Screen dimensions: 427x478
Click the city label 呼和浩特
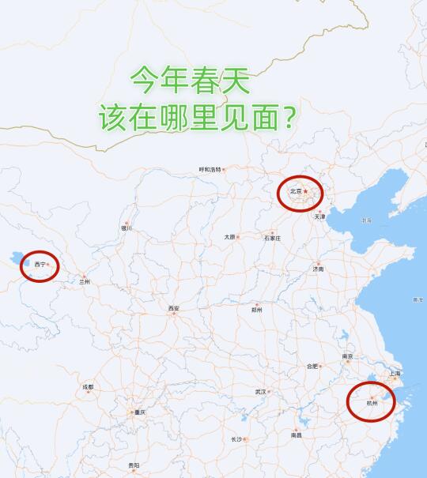pos(210,169)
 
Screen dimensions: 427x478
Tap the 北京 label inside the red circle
pos(296,191)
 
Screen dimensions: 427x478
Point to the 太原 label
pos(229,236)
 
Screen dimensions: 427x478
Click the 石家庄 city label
pos(272,237)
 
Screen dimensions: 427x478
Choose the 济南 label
pos(318,269)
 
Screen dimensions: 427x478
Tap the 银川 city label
pos(126,228)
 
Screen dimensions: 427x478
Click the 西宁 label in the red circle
pos(39,265)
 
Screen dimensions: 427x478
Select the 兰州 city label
pos(84,281)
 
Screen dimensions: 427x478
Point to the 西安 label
pos(173,308)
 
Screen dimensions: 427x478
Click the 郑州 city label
pos(256,310)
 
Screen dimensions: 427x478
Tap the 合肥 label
pos(312,366)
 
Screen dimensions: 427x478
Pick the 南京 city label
pos(347,356)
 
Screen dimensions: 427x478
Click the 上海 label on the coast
pos(395,373)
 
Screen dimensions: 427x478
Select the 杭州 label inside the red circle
pos(372,402)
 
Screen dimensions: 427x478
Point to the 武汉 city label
pos(261,391)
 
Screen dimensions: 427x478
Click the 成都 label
pos(87,387)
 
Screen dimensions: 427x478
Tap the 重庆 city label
pos(140,412)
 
